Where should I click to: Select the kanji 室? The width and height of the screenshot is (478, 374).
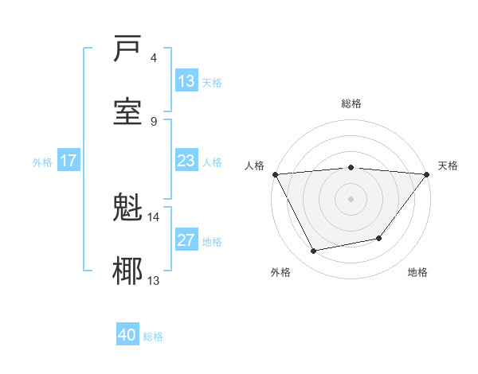click(x=128, y=111)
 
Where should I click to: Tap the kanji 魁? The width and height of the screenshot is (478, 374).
click(x=128, y=208)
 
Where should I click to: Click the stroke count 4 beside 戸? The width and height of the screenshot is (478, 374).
click(x=154, y=58)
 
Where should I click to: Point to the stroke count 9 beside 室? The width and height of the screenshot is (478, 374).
click(x=154, y=121)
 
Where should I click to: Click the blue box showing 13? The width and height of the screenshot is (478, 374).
click(x=186, y=81)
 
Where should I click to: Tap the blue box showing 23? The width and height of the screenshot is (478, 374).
click(x=186, y=161)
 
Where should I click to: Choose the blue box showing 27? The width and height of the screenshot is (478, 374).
click(x=186, y=240)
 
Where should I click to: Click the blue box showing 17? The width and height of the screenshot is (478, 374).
click(x=69, y=161)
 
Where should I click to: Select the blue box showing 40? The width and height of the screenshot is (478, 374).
click(x=127, y=336)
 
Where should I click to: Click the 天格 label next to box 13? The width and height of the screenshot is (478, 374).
click(x=212, y=82)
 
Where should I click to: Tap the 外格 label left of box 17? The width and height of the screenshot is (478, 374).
click(x=42, y=162)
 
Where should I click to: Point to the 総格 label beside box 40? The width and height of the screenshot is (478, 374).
click(x=154, y=337)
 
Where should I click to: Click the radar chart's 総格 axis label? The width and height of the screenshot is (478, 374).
click(x=351, y=103)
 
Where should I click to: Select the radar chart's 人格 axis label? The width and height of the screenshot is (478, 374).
click(x=255, y=166)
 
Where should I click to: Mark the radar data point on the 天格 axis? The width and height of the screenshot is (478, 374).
click(x=427, y=174)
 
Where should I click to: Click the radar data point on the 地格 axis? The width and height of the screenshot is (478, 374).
click(x=380, y=238)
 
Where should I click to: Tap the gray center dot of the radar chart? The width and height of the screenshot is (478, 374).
click(x=351, y=198)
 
